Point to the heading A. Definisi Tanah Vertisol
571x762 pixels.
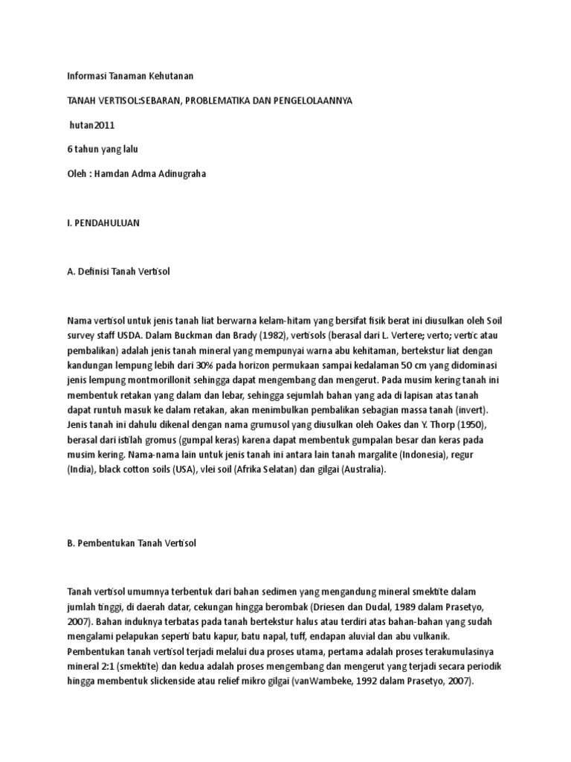(118, 272)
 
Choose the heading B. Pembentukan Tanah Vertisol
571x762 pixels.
(131, 544)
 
